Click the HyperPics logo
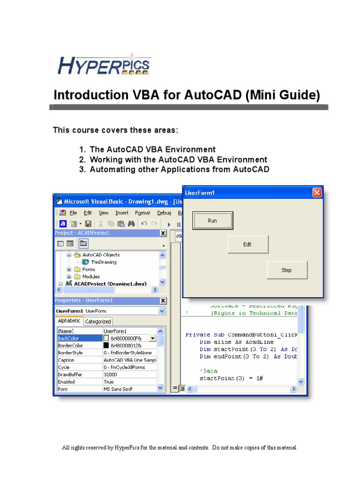click(x=104, y=65)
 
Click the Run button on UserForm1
click(x=212, y=220)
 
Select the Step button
click(x=287, y=270)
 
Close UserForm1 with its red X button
click(x=317, y=193)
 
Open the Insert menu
click(x=122, y=213)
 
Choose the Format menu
click(x=142, y=213)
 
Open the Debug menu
click(x=164, y=213)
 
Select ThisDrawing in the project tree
click(x=104, y=262)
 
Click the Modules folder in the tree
click(x=91, y=277)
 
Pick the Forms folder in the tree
click(x=89, y=270)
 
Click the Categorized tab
click(x=98, y=322)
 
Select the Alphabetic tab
click(x=69, y=321)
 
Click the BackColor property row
click(x=78, y=338)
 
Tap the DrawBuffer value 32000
click(x=111, y=375)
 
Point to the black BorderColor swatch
click(x=106, y=345)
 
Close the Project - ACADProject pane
click(x=163, y=233)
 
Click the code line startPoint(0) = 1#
click(x=229, y=378)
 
